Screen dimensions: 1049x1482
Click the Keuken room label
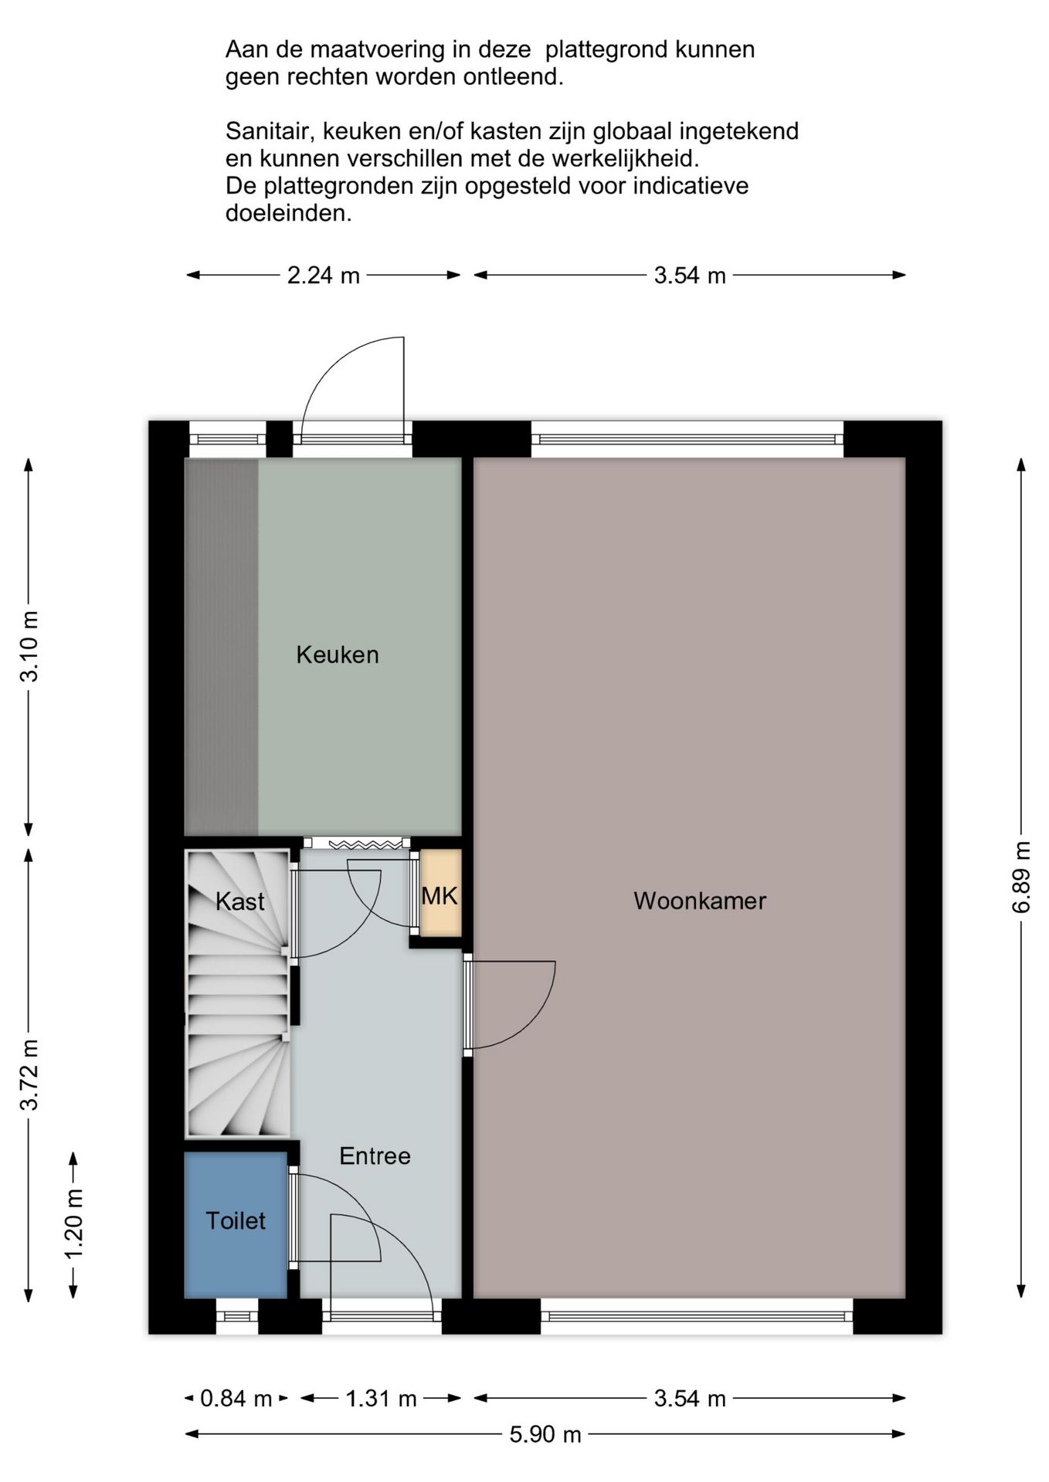tap(338, 655)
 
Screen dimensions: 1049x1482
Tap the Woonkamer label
tap(700, 901)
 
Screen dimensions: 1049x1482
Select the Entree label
tap(375, 1155)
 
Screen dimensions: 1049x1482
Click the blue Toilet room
tap(236, 1225)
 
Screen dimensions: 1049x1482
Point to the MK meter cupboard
tap(440, 893)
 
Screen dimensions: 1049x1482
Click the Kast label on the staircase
tap(239, 901)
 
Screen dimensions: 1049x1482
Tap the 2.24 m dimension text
tap(324, 276)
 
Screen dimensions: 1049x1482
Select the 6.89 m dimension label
tap(1021, 877)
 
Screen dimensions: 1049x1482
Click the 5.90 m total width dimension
tap(545, 1434)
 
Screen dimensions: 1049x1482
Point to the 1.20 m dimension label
tap(73, 1225)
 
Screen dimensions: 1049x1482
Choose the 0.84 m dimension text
tap(236, 1398)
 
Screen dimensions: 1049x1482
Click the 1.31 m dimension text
tap(381, 1398)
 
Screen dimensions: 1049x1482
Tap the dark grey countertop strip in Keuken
tap(222, 647)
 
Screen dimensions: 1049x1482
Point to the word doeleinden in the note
tap(288, 213)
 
